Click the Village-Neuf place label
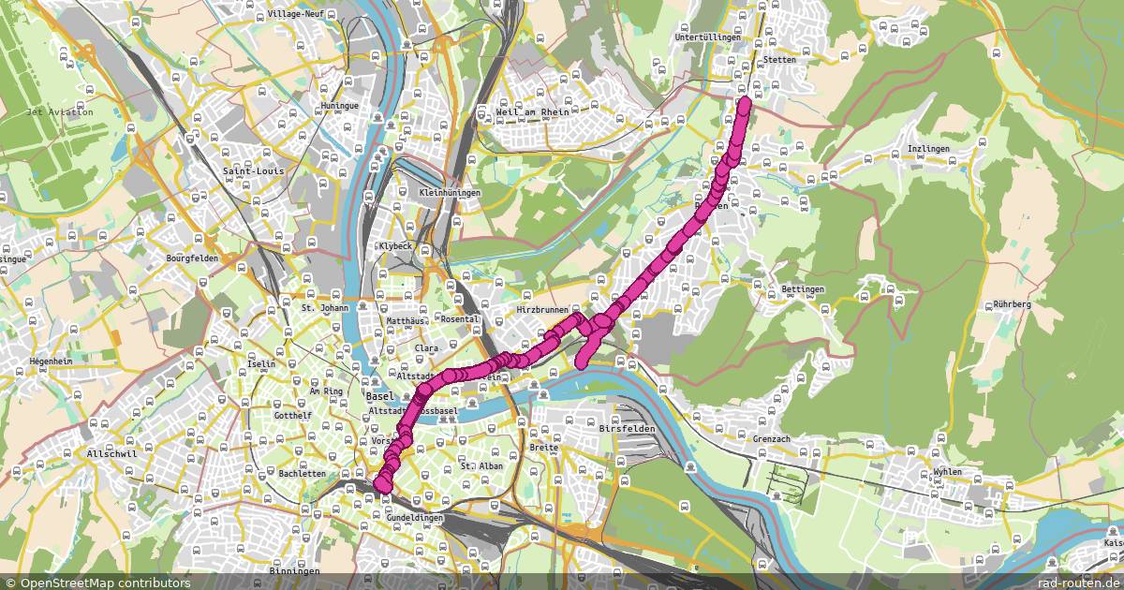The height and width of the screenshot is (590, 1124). click(x=297, y=15)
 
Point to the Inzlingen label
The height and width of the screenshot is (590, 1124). click(x=928, y=150)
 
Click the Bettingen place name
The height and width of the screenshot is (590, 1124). click(x=802, y=289)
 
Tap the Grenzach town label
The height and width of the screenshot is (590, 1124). click(x=773, y=437)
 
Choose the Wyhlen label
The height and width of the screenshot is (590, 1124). click(x=948, y=472)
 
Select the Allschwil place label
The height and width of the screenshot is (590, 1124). click(x=106, y=453)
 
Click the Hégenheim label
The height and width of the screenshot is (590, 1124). click(x=51, y=360)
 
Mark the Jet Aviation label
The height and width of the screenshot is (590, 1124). click(x=60, y=111)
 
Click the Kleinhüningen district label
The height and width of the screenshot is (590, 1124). click(x=450, y=193)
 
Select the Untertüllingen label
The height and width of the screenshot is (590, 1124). click(x=707, y=38)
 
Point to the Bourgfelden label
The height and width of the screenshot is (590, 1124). click(x=192, y=258)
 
